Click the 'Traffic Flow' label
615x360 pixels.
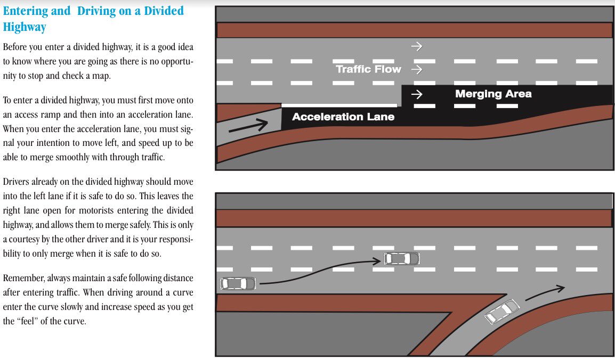[x=368, y=69]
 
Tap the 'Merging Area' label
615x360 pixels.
[x=493, y=94]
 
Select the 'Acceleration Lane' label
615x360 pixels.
[x=343, y=117]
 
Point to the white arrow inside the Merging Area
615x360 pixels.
[x=417, y=95]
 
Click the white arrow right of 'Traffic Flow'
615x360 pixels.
[x=417, y=69]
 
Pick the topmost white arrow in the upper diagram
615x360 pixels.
[x=417, y=46]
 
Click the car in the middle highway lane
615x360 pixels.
[x=402, y=259]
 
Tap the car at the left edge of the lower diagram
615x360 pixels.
[x=238, y=283]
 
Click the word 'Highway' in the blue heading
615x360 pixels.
[x=25, y=27]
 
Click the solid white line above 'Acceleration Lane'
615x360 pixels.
[x=331, y=105]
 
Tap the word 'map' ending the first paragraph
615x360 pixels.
[x=100, y=76]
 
